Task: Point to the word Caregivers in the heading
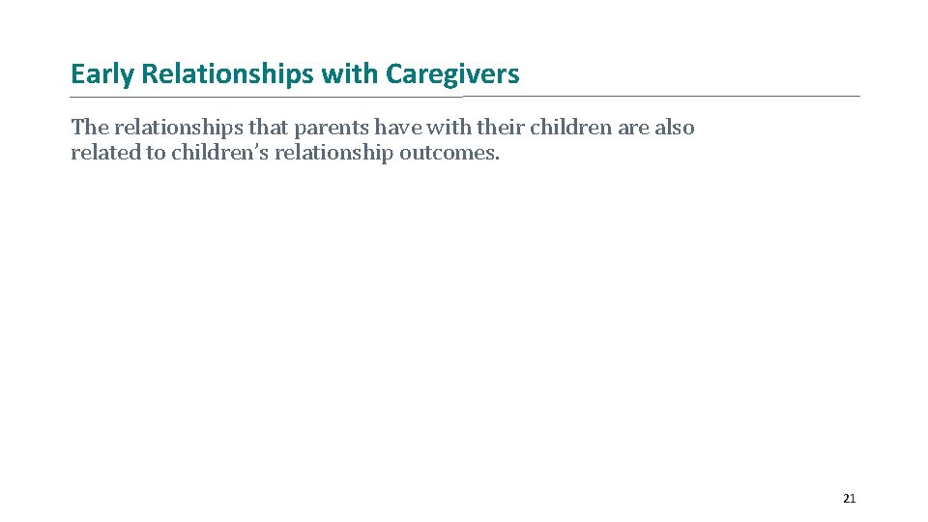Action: click(x=452, y=74)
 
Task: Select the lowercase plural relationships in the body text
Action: click(x=178, y=128)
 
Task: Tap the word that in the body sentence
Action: click(x=268, y=128)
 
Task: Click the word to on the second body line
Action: click(x=156, y=154)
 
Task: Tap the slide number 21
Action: click(x=849, y=499)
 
